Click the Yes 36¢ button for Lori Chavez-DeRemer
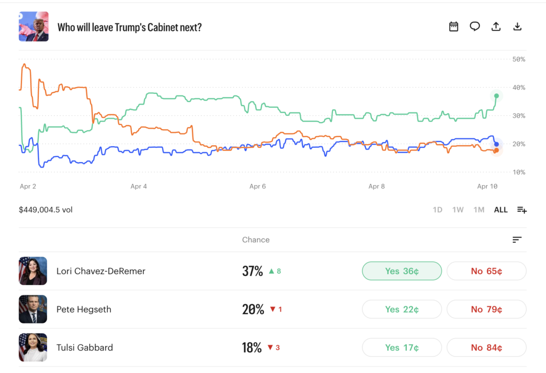pos(402,271)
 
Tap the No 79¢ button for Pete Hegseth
pos(486,309)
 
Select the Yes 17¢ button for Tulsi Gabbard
pos(402,348)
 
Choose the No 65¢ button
pos(486,271)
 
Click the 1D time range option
pos(437,210)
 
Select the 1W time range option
pos(458,210)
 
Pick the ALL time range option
pos(501,210)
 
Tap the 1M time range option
pos(479,210)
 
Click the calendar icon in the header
pos(454,27)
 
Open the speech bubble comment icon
pos(475,27)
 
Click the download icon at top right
pos(517,27)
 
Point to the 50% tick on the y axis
pos(518,59)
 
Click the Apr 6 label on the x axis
pos(258,187)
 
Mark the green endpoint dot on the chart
pos(496,96)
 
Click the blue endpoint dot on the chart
pos(496,144)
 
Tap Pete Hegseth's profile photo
pos(33,309)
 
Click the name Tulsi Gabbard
pos(85,348)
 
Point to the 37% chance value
pos(253,271)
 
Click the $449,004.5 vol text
pos(45,210)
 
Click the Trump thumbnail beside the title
pos(33,27)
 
